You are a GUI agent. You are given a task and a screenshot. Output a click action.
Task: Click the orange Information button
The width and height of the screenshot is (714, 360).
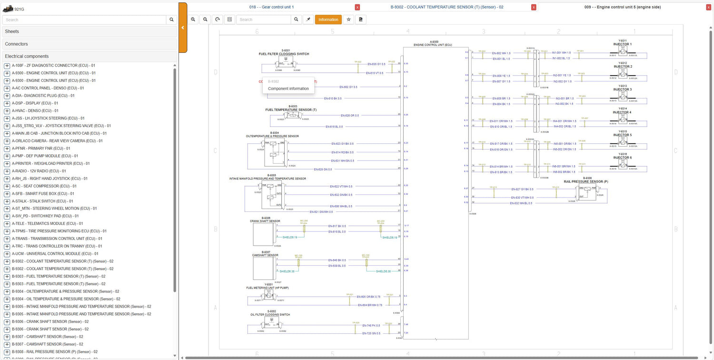pos(328,20)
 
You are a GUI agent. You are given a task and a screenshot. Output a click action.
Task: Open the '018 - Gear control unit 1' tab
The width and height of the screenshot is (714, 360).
pos(271,7)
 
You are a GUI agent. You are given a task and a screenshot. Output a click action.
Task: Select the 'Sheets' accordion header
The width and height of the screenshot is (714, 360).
pos(89,31)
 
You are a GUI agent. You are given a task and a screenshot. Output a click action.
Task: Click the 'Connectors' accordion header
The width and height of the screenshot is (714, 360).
pos(89,44)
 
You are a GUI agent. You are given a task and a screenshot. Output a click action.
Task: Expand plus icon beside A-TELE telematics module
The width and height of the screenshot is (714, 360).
pos(7,224)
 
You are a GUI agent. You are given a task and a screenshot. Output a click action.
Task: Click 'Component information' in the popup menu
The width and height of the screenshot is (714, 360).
pos(288,89)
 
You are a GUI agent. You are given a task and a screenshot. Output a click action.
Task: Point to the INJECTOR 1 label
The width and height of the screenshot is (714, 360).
pos(623,44)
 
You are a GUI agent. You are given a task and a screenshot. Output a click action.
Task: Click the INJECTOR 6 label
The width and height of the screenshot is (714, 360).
pos(623,158)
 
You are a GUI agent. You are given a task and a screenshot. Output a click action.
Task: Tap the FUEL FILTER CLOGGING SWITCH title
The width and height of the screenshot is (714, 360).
pos(284,54)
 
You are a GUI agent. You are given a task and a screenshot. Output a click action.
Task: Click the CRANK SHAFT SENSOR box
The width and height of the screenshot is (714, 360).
pos(264,234)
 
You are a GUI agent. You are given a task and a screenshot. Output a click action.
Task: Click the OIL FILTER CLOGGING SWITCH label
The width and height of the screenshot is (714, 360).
pos(270,315)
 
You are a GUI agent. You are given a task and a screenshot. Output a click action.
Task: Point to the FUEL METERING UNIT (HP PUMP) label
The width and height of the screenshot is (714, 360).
pos(267,288)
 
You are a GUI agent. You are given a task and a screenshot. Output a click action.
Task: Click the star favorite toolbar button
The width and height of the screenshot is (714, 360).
pos(348,20)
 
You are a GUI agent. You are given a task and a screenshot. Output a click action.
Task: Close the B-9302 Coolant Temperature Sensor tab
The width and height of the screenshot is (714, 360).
pos(534,7)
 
